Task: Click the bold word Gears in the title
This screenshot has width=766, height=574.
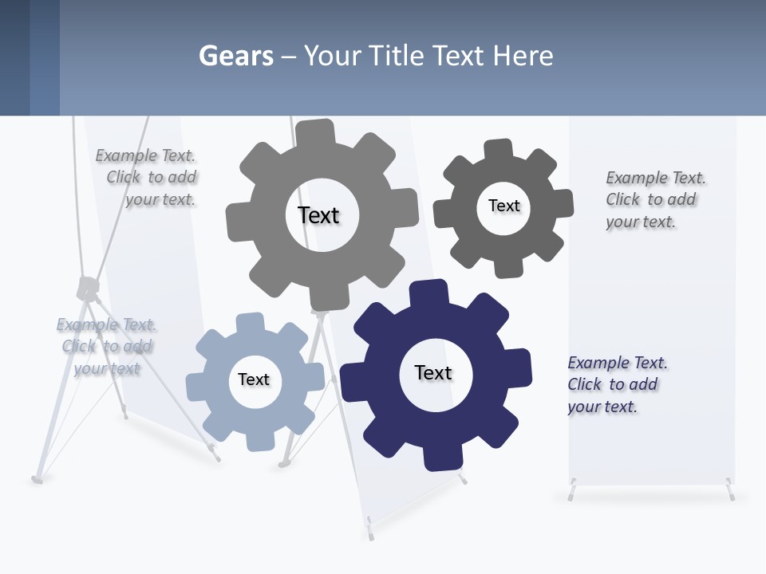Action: [x=235, y=56]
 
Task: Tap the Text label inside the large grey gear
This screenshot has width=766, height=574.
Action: [x=318, y=215]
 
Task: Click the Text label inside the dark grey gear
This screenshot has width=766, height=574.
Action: [x=503, y=206]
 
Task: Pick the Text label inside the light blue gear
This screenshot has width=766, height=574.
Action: [x=254, y=379]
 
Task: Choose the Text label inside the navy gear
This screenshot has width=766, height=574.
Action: [x=433, y=372]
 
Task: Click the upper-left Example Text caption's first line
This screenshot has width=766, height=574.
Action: [x=145, y=155]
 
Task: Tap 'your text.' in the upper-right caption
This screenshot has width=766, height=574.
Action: [x=640, y=222]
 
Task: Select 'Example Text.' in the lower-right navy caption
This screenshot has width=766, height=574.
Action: [x=618, y=363]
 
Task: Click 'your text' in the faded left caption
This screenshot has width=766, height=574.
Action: [x=107, y=368]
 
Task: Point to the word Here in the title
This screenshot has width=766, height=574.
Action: [x=523, y=56]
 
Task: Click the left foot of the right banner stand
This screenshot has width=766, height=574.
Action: [x=571, y=492]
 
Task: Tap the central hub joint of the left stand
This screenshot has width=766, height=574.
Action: [x=87, y=287]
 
